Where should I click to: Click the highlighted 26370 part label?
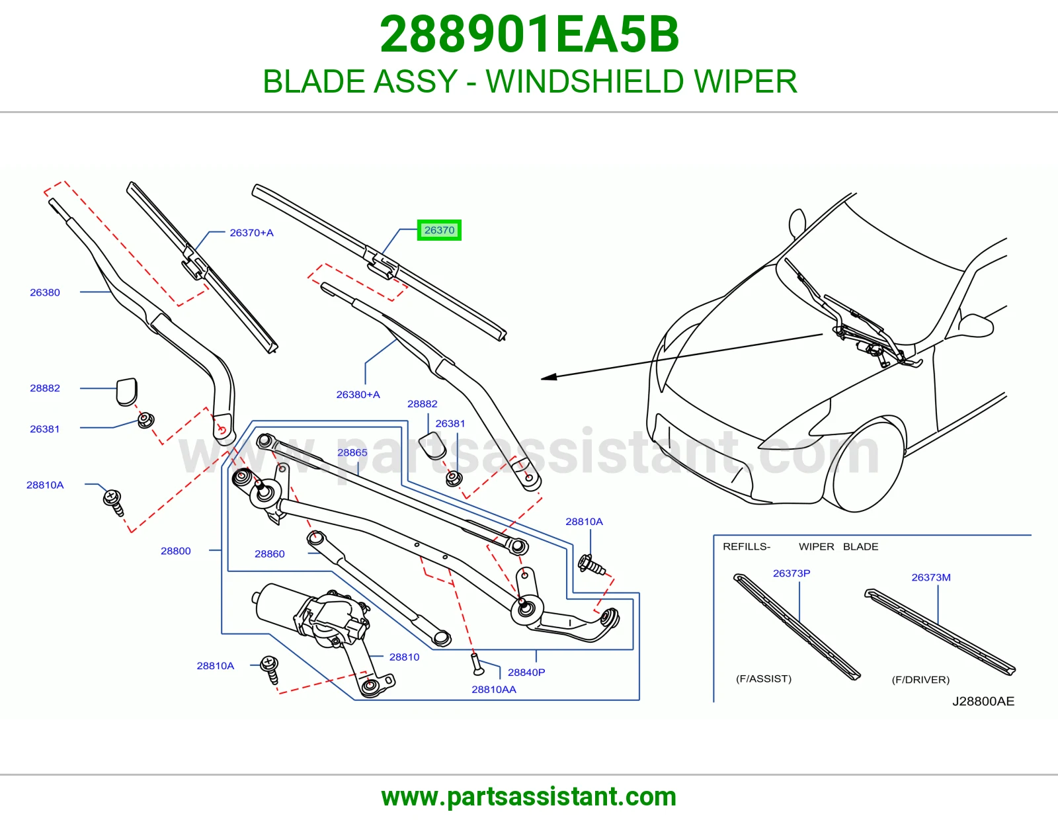pos(439,230)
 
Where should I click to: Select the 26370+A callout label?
pos(251,233)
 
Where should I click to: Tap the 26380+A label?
pos(358,394)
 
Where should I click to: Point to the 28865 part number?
pos(352,452)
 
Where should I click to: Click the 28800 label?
pos(176,551)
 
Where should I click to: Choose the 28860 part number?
pos(270,553)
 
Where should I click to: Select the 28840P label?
pos(526,672)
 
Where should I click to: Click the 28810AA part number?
pos(494,689)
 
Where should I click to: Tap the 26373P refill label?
pos(792,573)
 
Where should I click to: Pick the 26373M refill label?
pos(931,577)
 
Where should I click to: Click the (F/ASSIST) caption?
pos(764,678)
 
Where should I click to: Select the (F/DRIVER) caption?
pos(920,679)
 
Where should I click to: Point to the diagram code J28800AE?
pos(983,701)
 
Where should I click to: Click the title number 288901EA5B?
pos(529,34)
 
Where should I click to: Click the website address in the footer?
pos(529,797)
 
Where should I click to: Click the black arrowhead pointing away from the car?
pos(549,376)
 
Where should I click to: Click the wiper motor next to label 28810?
pos(311,614)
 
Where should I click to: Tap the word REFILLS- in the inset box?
pos(747,546)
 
